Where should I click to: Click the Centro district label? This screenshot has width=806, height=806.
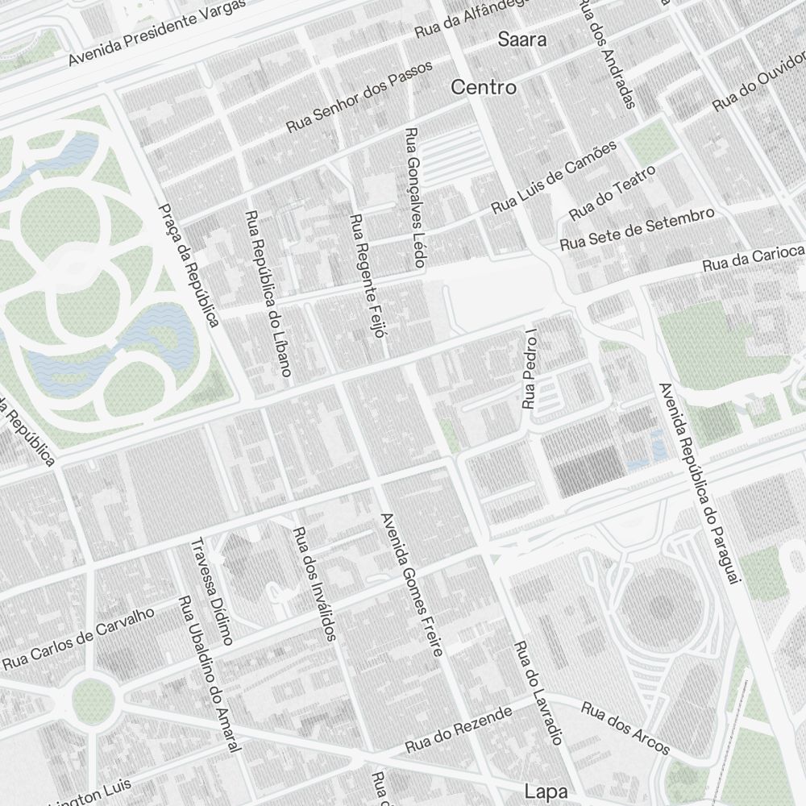pyautogui.click(x=484, y=87)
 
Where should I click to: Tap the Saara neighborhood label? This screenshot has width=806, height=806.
pyautogui.click(x=521, y=39)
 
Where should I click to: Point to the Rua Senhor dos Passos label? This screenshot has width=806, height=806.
pyautogui.click(x=359, y=97)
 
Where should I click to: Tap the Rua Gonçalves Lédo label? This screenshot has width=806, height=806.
pyautogui.click(x=414, y=197)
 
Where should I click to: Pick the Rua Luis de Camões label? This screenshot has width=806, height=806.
pyautogui.click(x=554, y=177)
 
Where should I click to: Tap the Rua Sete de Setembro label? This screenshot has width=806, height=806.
pyautogui.click(x=637, y=228)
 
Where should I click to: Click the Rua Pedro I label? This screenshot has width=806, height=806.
pyautogui.click(x=530, y=368)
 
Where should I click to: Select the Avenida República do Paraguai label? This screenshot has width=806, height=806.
pyautogui.click(x=698, y=484)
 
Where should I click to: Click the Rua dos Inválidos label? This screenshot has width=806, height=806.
pyautogui.click(x=314, y=584)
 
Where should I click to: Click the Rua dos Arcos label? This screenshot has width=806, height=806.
pyautogui.click(x=625, y=730)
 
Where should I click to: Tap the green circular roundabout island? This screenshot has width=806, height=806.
pyautogui.click(x=91, y=700)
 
